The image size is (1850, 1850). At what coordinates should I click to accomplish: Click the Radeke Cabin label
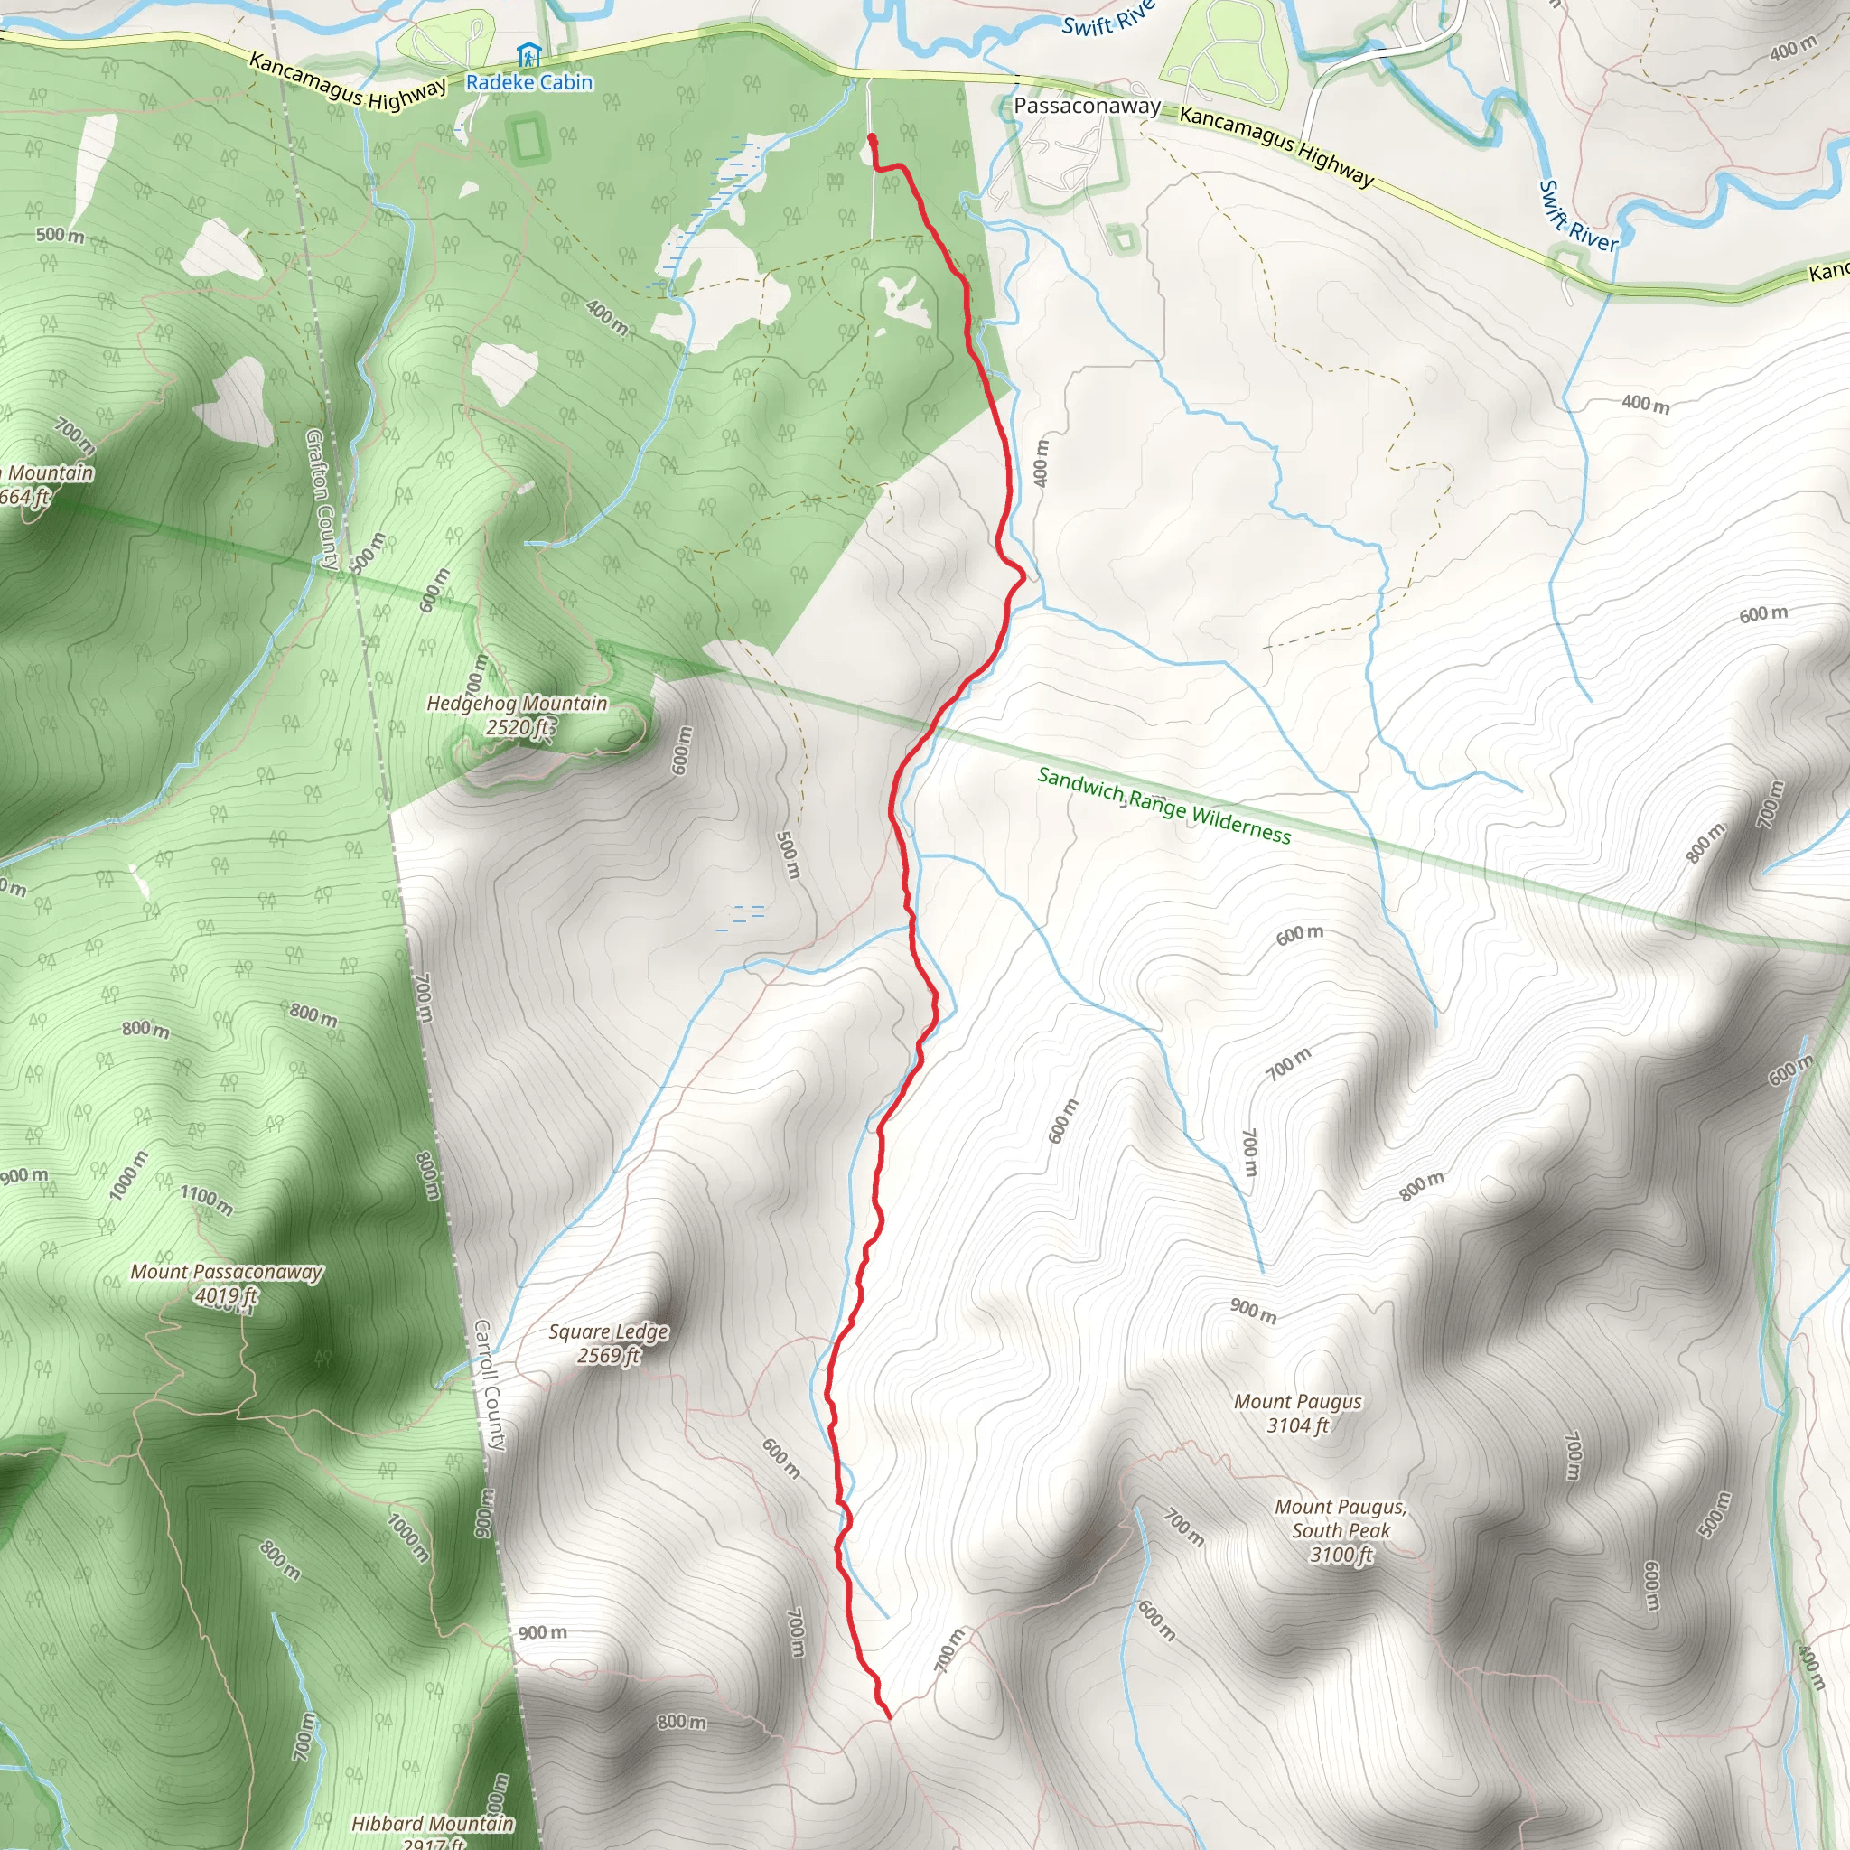pos(528,82)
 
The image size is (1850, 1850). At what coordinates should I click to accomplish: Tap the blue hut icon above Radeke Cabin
pos(528,54)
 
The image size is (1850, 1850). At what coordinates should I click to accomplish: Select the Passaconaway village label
pos(1087,106)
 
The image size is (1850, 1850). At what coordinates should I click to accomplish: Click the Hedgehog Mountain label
pos(517,704)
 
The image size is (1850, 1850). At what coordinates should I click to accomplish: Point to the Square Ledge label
pos(608,1332)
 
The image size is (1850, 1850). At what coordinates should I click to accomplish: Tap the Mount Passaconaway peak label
pos(227,1273)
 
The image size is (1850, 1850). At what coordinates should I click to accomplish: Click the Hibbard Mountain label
pos(433,1824)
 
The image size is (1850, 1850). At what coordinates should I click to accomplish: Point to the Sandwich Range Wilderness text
pos(1164,805)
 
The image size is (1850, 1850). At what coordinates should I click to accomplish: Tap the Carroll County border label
pos(490,1384)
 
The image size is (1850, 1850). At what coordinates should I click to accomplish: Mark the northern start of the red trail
pos(872,139)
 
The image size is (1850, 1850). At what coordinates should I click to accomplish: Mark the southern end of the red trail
pos(890,1718)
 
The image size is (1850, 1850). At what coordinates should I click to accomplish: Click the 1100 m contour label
pos(207,1200)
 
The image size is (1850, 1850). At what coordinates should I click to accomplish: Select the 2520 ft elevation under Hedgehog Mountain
pos(518,728)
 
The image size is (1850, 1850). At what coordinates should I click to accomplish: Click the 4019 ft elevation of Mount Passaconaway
pos(227,1296)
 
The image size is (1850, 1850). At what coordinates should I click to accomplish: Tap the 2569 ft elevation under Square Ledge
pos(608,1356)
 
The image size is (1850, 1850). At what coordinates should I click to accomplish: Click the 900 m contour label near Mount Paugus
pos(1254,1310)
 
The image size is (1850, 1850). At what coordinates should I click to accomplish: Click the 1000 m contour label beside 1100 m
pos(129,1176)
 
